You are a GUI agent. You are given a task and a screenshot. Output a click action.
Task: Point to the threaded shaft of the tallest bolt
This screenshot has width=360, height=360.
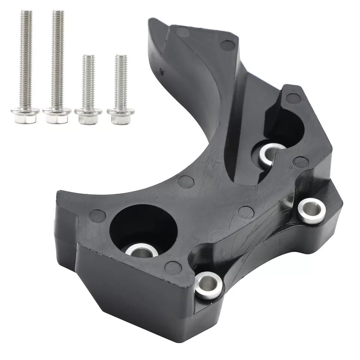58,56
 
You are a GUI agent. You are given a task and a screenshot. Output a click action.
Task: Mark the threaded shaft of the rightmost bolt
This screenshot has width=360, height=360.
121,81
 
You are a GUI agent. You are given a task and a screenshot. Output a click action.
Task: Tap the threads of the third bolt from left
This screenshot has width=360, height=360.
88,81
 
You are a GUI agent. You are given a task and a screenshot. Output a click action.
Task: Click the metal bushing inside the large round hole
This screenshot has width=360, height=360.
141,250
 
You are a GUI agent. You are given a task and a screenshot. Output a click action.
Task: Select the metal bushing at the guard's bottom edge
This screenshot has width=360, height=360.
208,285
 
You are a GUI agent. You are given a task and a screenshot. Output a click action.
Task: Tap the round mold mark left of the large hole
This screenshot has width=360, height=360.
97,216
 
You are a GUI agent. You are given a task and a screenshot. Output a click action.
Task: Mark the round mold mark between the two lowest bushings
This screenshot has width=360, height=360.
173,268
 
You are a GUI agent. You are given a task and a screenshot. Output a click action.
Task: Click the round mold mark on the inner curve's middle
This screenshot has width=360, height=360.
186,182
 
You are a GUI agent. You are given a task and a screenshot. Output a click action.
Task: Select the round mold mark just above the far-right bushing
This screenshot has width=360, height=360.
301,162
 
